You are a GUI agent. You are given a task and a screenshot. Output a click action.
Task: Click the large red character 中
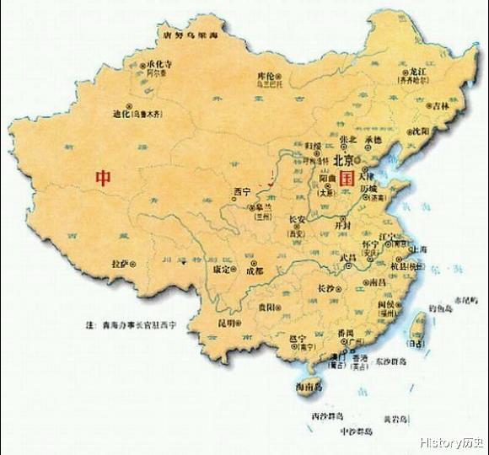[103, 178]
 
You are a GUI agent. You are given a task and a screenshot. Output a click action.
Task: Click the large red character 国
[346, 179]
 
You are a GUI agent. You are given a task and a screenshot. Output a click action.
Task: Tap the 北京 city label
[342, 158]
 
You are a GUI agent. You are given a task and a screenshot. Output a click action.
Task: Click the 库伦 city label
[267, 77]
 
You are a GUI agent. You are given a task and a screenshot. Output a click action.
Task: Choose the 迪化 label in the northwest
[123, 112]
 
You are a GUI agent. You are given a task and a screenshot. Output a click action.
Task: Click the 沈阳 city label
[420, 131]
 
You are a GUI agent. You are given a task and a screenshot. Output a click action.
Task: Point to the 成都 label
[254, 271]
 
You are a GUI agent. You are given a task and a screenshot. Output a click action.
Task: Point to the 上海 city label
[420, 249]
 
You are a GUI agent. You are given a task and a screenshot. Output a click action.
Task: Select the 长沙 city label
[325, 288]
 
